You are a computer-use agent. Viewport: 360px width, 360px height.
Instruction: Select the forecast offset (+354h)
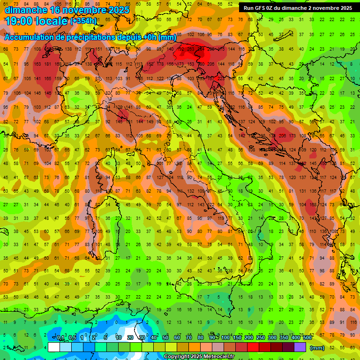pyautogui.click(x=83, y=21)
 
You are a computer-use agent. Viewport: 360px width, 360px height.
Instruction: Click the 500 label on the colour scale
pyautogui.click(x=307, y=338)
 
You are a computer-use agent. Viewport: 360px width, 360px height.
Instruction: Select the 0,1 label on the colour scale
pyautogui.click(x=60, y=338)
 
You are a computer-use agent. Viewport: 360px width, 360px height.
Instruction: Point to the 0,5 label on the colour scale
pyautogui.click(x=72, y=338)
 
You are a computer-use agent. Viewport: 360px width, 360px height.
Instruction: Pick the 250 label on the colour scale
pyautogui.click(x=260, y=338)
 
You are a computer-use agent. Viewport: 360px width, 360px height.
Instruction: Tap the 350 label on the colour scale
pyautogui.click(x=284, y=338)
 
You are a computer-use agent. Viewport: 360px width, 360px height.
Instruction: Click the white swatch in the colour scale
pyautogui.click(x=54, y=347)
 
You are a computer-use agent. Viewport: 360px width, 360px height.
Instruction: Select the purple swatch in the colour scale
pyautogui.click(x=300, y=347)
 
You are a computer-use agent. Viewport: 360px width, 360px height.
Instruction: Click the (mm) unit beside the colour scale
pyautogui.click(x=317, y=348)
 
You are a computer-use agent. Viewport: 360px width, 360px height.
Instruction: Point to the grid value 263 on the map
pyautogui.click(x=190, y=49)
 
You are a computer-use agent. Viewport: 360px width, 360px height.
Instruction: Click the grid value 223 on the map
pyautogui.click(x=221, y=79)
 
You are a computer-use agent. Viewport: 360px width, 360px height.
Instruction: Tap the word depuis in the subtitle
pyautogui.click(x=128, y=37)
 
